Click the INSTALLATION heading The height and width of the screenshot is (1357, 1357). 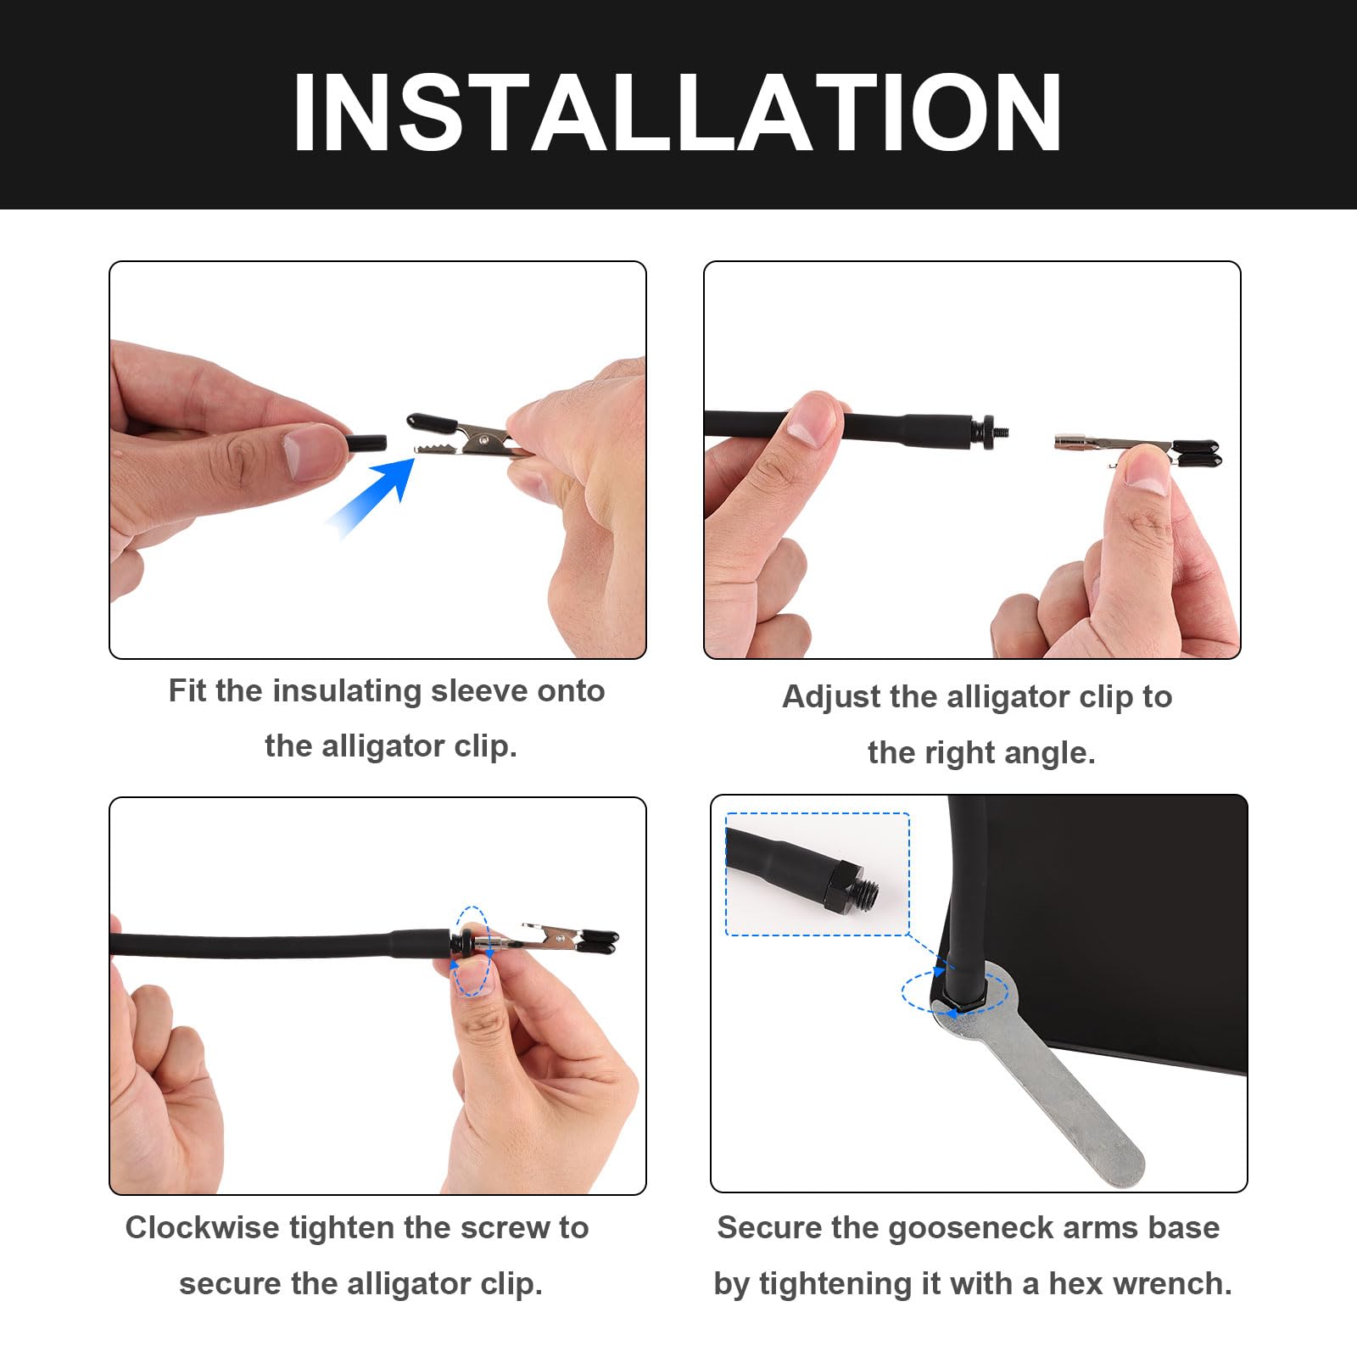tap(677, 113)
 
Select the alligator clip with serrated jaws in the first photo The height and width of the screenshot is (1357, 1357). tap(462, 435)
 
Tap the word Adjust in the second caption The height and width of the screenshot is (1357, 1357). tap(829, 697)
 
